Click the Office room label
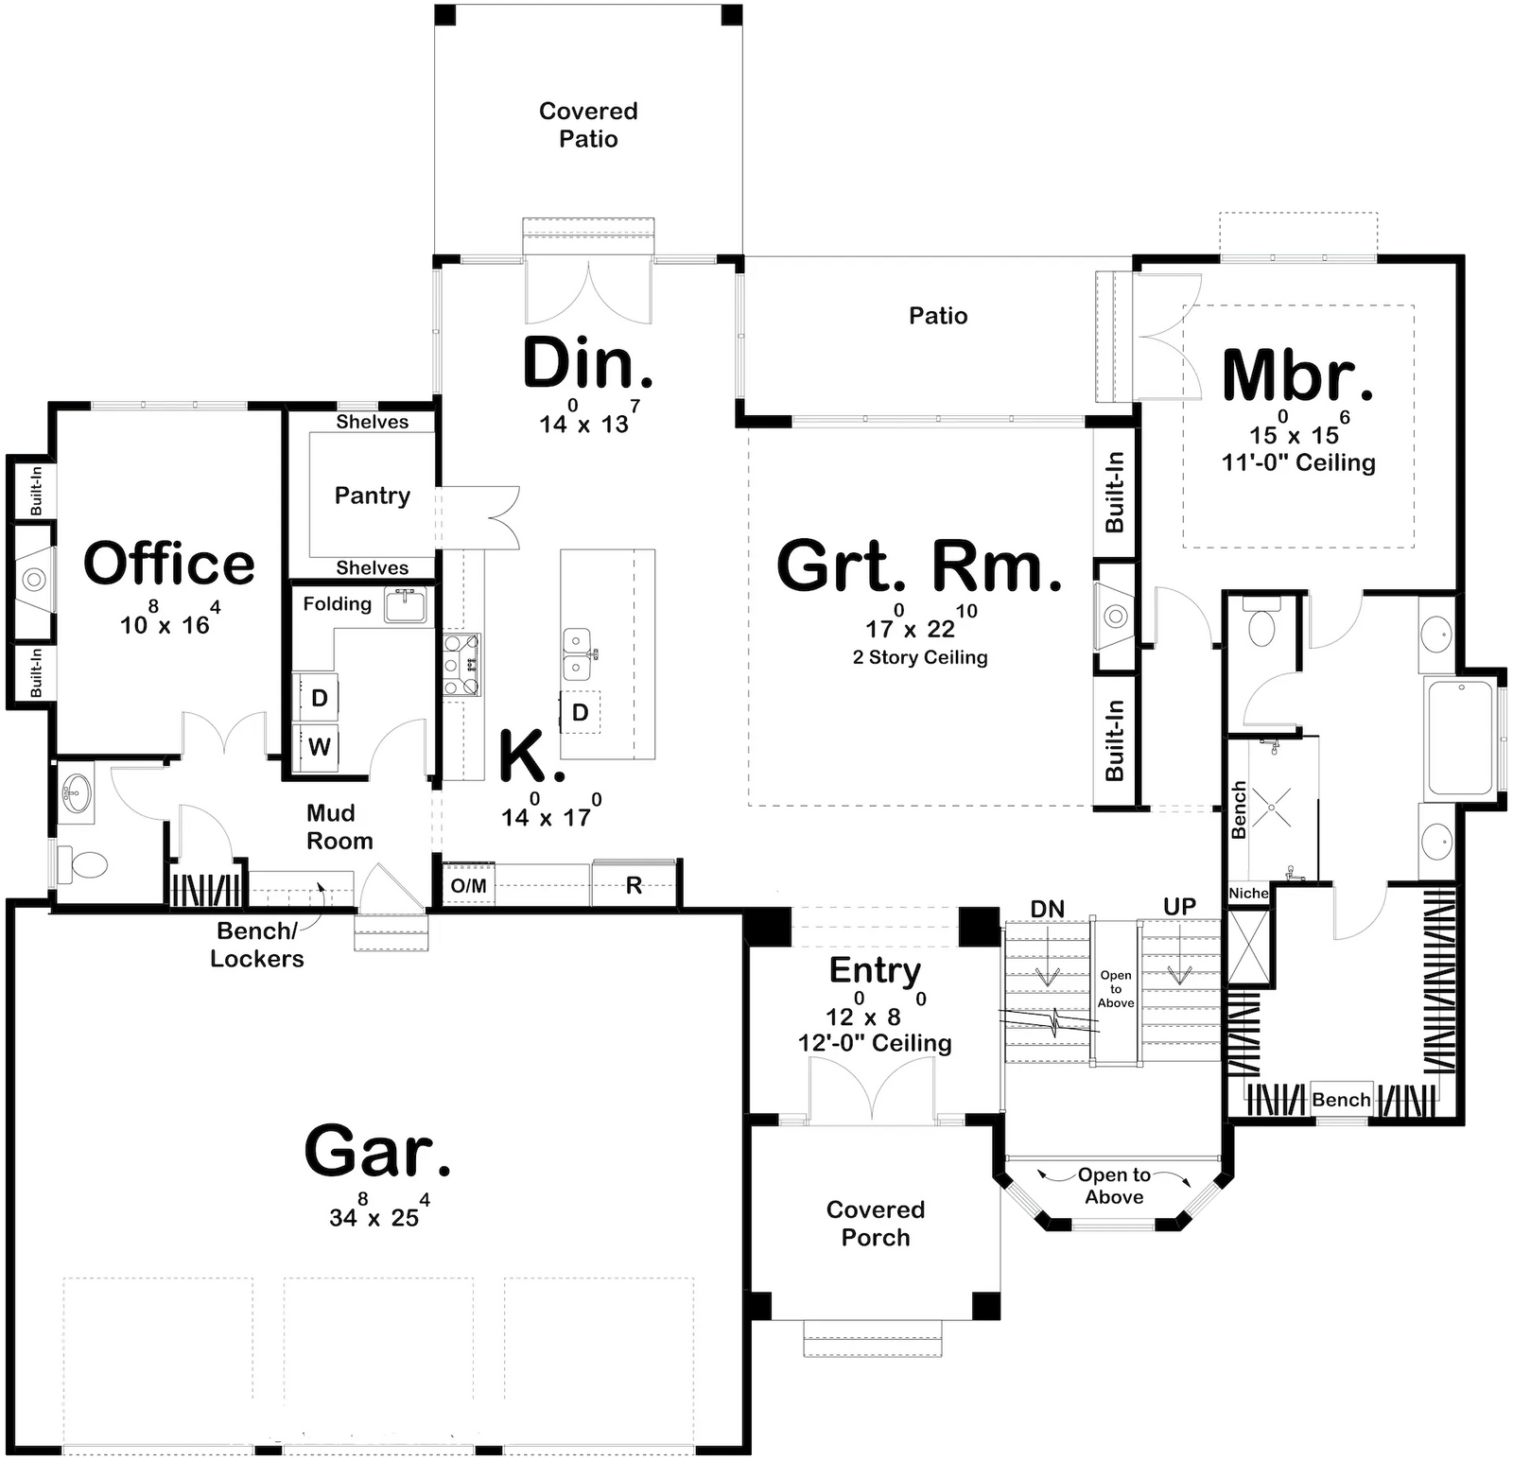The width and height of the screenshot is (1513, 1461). point(169,564)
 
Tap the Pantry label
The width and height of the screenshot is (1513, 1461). point(373,496)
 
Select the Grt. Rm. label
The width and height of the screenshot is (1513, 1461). point(919,566)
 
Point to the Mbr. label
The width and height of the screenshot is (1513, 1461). point(1297,375)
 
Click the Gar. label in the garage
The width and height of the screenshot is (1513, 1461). point(377,1151)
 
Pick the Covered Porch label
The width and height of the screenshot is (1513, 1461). point(876,1223)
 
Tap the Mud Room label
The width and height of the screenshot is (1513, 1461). point(339,827)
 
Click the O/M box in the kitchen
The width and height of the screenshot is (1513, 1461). point(469,885)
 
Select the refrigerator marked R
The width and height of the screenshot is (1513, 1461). point(634,885)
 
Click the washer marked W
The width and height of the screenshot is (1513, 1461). point(320,747)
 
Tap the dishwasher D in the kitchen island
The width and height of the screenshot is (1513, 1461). point(581,712)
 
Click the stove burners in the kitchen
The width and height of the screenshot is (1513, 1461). point(462,665)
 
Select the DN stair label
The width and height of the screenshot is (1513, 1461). point(1048,909)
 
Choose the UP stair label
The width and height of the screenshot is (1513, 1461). point(1179,907)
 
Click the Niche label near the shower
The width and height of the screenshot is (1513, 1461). point(1248,894)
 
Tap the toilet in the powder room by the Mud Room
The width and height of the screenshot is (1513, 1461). point(83,863)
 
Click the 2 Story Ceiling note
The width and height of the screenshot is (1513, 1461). point(920,657)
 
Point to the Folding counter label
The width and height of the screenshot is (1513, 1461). point(337,604)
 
